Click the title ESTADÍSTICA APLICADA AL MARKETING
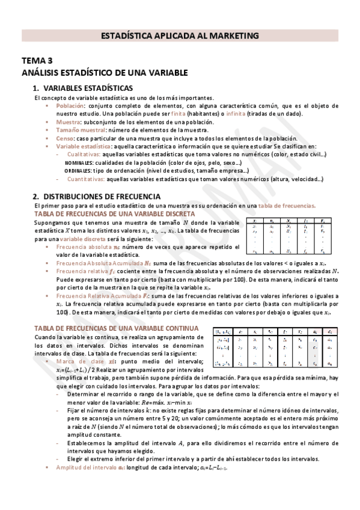[x=180, y=36]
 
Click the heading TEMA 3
[x=38, y=61]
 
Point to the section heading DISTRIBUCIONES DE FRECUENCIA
[x=102, y=196]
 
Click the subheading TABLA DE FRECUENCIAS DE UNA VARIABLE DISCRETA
[x=114, y=214]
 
